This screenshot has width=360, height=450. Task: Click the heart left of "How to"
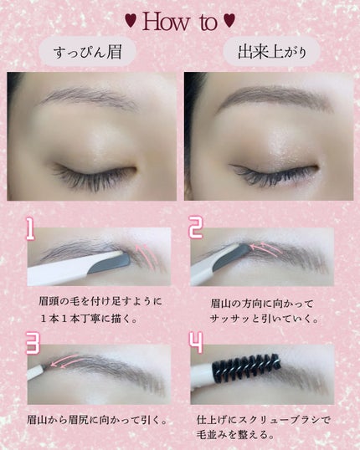click(131, 21)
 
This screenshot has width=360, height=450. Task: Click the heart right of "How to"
click(229, 21)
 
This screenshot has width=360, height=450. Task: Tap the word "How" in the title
click(166, 21)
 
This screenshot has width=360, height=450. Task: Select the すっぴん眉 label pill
click(87, 52)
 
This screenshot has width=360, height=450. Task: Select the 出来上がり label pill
click(271, 52)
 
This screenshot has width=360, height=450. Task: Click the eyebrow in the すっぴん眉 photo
click(89, 97)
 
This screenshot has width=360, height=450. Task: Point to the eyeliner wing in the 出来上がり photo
click(236, 167)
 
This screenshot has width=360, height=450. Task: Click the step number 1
click(30, 228)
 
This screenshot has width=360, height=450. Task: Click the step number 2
click(196, 228)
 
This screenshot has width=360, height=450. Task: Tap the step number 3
click(33, 343)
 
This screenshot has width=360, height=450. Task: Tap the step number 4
click(196, 343)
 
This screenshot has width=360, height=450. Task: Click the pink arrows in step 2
click(265, 248)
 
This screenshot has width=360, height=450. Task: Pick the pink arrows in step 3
click(64, 361)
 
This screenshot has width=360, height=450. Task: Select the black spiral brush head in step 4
click(246, 368)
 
